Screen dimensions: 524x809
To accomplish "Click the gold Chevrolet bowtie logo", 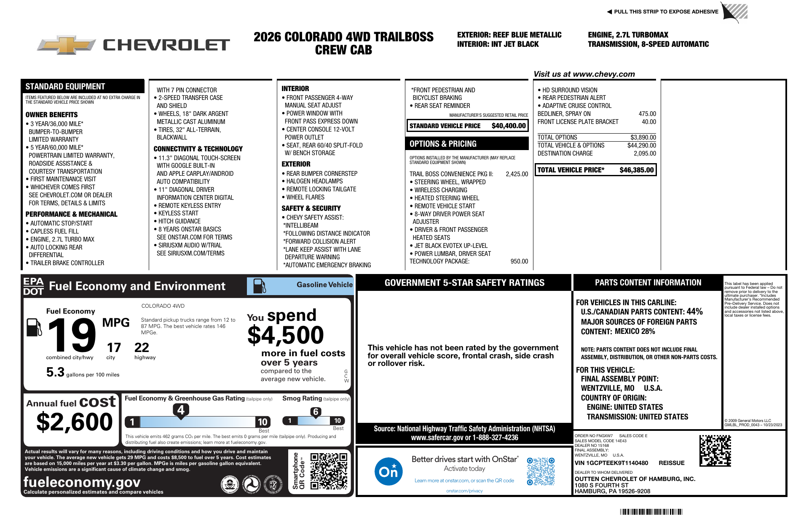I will [x=67, y=45].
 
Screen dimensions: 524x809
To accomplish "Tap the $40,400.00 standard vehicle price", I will [x=509, y=126].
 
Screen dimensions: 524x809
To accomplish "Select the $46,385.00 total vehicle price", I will [x=636, y=170].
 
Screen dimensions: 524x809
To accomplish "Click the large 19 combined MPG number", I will [x=72, y=335].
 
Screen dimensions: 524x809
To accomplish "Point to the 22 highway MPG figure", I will [x=142, y=347].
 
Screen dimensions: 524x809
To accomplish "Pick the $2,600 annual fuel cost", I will [x=75, y=422].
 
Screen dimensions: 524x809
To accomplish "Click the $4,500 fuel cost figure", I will [x=285, y=335].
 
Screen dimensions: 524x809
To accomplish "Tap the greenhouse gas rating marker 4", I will [x=181, y=410].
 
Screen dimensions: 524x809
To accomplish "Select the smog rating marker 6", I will [x=316, y=412].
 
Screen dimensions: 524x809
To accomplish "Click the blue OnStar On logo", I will [x=388, y=471].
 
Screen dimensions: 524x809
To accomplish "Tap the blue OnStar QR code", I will [x=541, y=471].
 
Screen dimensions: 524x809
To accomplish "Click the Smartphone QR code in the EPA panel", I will [x=329, y=471].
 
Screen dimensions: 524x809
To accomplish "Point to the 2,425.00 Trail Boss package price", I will [x=517, y=174].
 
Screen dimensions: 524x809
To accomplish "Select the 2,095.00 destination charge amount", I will [x=645, y=153].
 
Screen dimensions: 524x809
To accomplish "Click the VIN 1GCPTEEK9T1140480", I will [x=611, y=463].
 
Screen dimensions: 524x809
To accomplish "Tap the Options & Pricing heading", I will [x=443, y=144].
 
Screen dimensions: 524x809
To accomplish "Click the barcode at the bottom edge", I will [x=651, y=512].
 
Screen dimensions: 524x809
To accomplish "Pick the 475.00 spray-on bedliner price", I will [x=647, y=114].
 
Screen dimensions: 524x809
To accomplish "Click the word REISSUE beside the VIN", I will [x=672, y=463].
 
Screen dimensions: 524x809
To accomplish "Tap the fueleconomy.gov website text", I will [x=82, y=482].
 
